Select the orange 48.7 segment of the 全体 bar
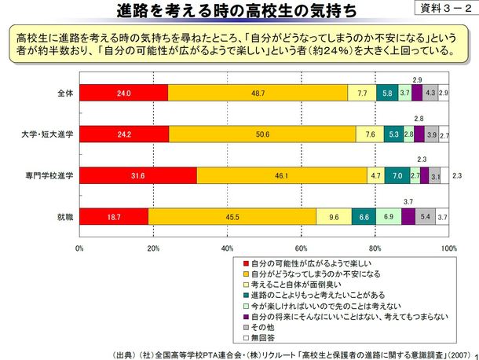coord(258,94)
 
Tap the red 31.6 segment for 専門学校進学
coord(137,176)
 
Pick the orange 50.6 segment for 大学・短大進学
coord(262,134)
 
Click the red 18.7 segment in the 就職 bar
coord(114,217)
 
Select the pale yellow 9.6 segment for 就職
coord(335,217)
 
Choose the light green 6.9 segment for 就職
coord(389,217)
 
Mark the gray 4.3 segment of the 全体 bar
coord(430,94)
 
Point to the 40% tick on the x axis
coord(228,248)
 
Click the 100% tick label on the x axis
coord(448,248)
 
